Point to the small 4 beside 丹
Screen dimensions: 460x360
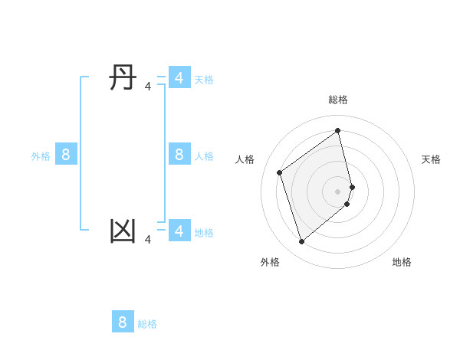tap(148, 87)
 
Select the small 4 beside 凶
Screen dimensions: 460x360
tap(148, 240)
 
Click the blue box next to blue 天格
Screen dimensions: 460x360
tap(179, 78)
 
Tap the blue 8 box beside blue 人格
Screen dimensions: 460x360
tap(179, 155)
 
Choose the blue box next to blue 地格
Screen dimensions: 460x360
tap(179, 230)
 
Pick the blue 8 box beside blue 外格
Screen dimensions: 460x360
tap(66, 155)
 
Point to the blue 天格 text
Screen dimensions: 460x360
tap(204, 79)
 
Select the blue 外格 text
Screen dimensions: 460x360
tap(41, 156)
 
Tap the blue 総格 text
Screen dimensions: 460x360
tap(147, 324)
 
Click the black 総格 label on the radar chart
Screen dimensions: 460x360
tap(338, 100)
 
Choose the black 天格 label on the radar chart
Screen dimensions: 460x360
tap(431, 159)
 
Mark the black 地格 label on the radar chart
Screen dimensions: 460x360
tap(402, 262)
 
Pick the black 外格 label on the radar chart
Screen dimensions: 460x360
tap(270, 262)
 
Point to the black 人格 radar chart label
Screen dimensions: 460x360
tap(245, 159)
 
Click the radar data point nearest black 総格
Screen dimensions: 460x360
tap(338, 131)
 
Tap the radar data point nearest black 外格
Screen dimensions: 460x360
tap(301, 242)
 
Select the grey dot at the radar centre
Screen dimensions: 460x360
tap(338, 191)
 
